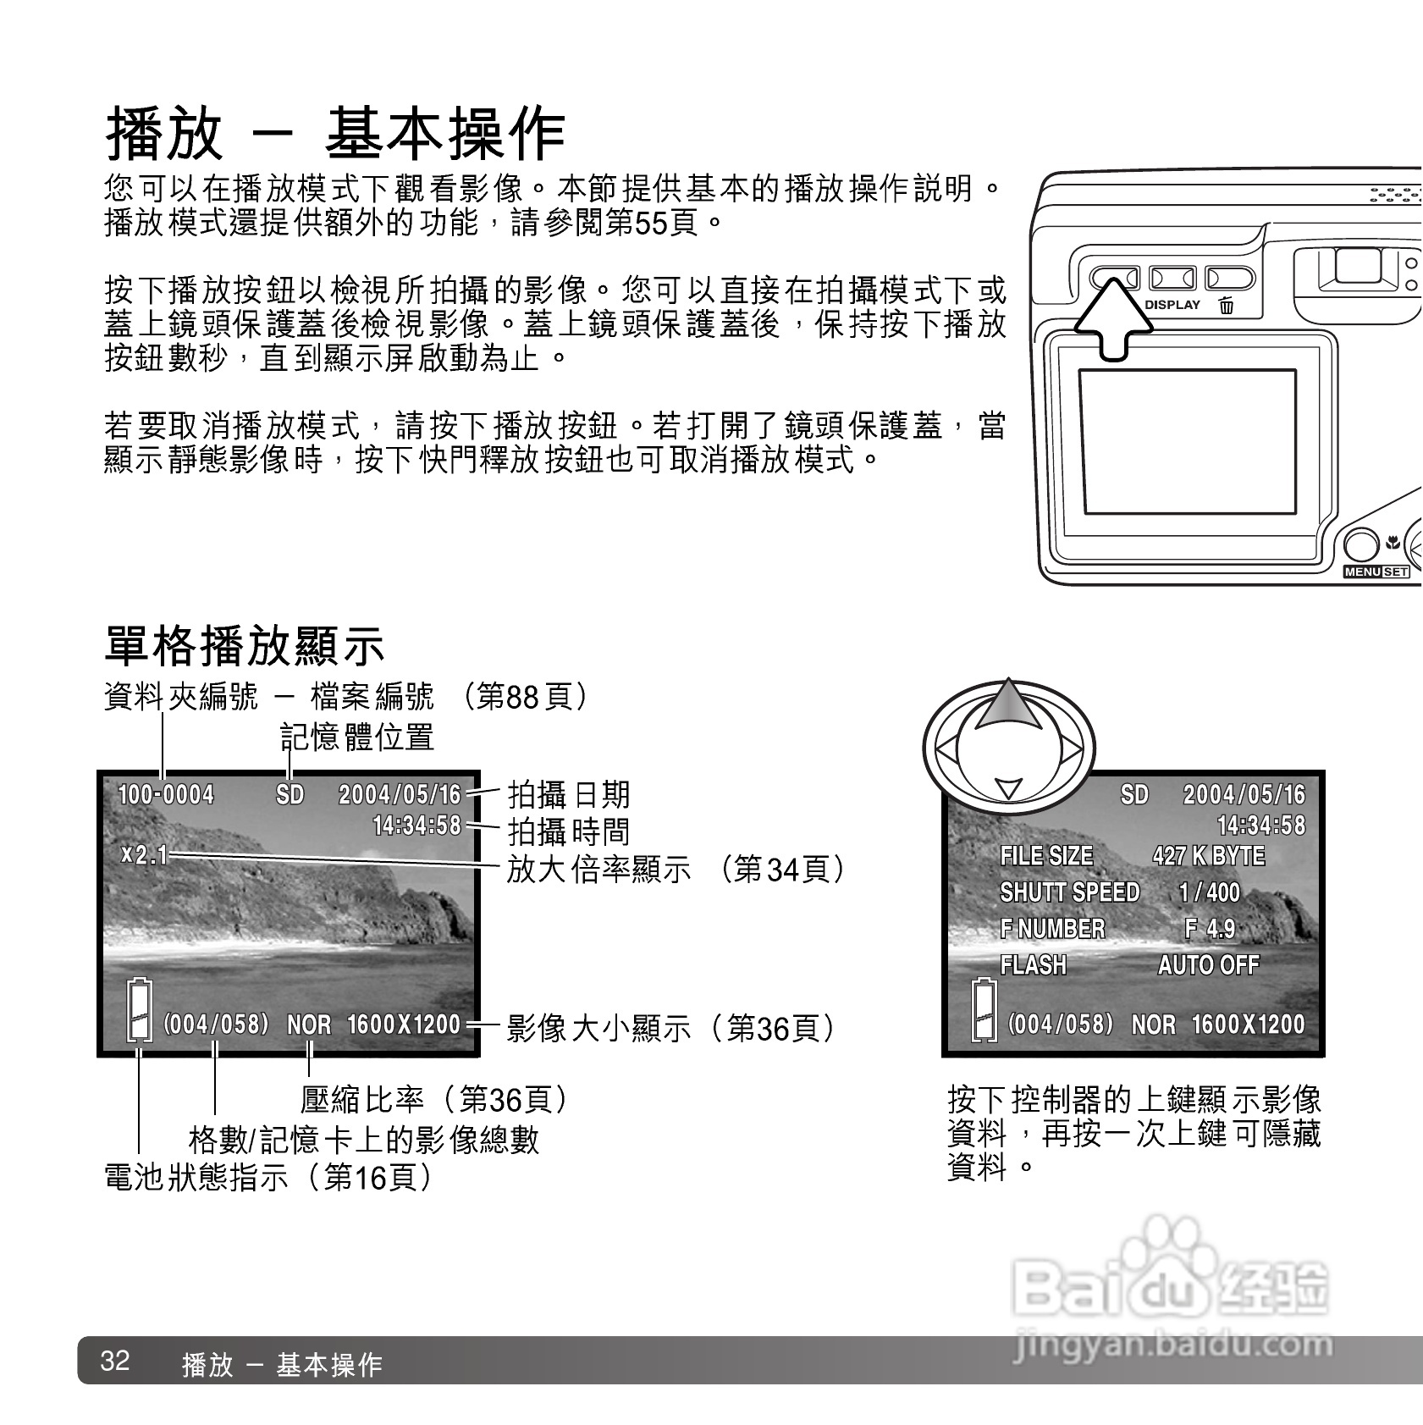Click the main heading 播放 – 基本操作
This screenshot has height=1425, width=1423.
coord(335,134)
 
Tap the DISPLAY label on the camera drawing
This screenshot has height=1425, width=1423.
coord(1172,306)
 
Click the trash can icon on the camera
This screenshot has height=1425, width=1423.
coord(1227,306)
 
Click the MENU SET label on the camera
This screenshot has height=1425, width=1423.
coord(1376,572)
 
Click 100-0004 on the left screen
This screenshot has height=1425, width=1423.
coord(166,795)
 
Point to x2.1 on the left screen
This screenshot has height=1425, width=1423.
coord(144,855)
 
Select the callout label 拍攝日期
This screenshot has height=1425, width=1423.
coord(568,795)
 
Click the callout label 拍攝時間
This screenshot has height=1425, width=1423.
coord(568,831)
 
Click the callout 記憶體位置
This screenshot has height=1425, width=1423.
coord(356,737)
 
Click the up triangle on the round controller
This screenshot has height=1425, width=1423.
coord(1007,705)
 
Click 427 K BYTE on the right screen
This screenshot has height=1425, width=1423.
coord(1208,856)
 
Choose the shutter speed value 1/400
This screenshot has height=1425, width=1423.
coord(1209,892)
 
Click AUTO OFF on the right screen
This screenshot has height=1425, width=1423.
coord(1208,965)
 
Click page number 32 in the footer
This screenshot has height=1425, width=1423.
coord(115,1361)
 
